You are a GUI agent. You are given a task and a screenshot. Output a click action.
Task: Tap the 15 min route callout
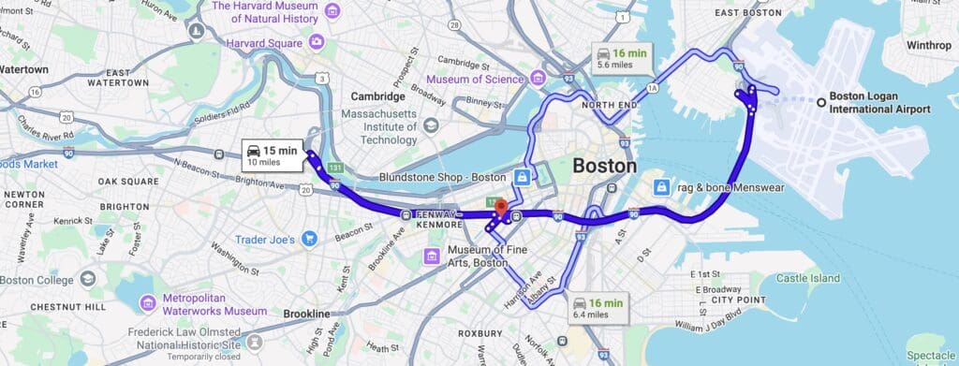click(272, 155)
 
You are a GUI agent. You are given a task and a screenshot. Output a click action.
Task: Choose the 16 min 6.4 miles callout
click(598, 308)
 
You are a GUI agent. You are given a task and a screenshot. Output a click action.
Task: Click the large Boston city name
click(604, 167)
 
